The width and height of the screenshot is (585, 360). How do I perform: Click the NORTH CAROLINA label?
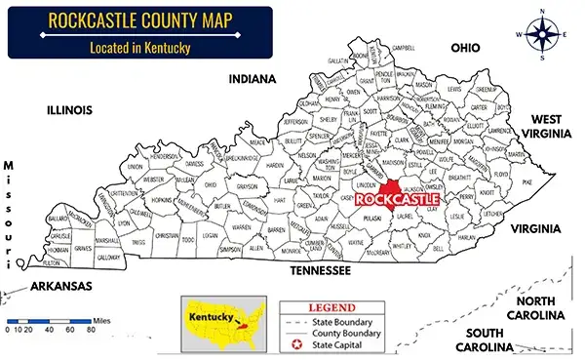[535, 307]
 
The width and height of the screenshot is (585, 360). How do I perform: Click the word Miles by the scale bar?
[100, 318]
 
